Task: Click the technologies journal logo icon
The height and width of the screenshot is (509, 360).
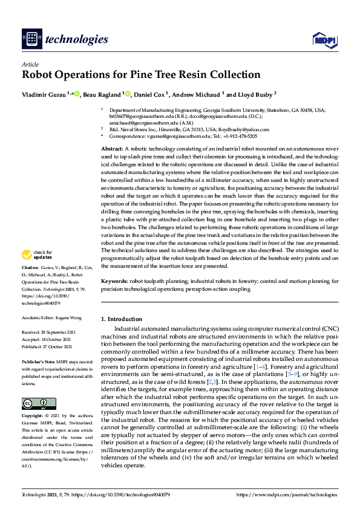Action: (31, 39)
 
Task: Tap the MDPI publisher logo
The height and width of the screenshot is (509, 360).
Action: (324, 40)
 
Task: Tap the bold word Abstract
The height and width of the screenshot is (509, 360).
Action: (112, 148)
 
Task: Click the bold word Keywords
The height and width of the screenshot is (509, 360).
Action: (114, 281)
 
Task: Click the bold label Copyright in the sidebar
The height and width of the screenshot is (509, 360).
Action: (32, 417)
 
